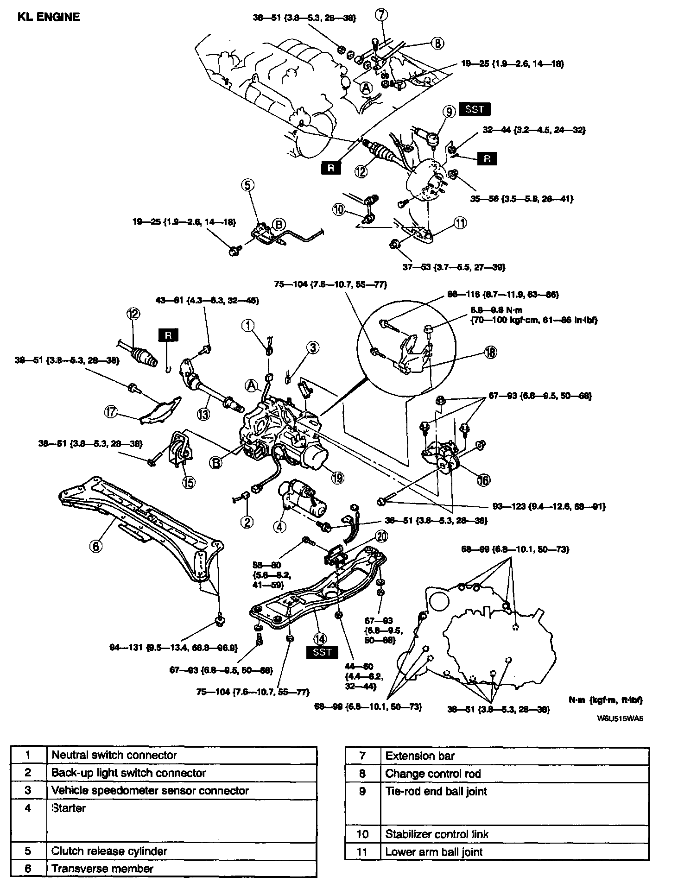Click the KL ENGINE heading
[x=49, y=17]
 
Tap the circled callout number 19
[x=338, y=478]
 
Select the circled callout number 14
[x=320, y=638]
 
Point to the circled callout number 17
[x=110, y=412]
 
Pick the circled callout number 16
[x=484, y=480]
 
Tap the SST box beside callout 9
[x=475, y=109]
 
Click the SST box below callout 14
[x=322, y=652]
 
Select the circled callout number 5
[x=247, y=185]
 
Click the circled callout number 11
[x=460, y=223]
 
